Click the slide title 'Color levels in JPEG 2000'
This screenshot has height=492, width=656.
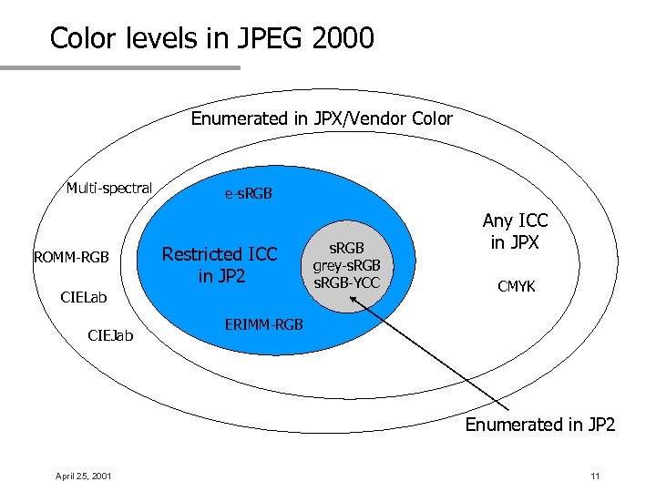(x=211, y=38)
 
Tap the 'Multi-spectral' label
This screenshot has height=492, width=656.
(x=108, y=189)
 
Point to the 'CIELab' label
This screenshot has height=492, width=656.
(x=84, y=297)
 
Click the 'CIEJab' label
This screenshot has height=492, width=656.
(x=110, y=336)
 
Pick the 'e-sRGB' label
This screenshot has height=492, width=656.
(x=248, y=194)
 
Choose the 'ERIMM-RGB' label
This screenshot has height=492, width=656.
(x=263, y=325)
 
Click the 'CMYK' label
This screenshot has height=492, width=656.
(x=516, y=286)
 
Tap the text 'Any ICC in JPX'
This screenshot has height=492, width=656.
(x=515, y=231)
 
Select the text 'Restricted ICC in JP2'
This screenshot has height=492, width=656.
(x=220, y=264)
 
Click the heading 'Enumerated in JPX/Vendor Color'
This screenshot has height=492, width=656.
(x=322, y=118)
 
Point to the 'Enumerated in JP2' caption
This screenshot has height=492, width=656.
(x=540, y=425)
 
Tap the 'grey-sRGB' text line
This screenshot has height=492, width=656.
(x=346, y=265)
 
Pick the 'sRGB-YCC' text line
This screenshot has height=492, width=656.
(x=346, y=282)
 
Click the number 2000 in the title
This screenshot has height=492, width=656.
(x=341, y=38)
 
